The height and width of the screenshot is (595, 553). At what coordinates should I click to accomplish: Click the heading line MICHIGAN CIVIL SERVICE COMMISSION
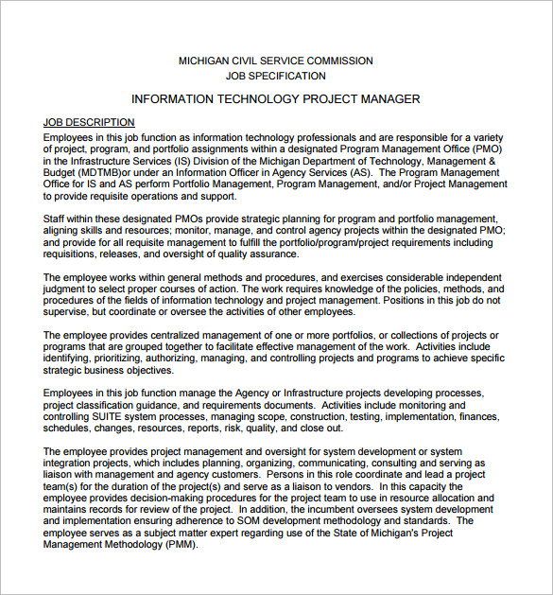click(x=276, y=61)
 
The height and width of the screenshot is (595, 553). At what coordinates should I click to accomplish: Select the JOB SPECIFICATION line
click(x=276, y=76)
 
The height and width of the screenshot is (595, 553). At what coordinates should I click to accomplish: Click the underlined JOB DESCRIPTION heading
click(x=89, y=123)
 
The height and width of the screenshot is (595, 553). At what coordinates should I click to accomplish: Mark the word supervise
click(x=68, y=312)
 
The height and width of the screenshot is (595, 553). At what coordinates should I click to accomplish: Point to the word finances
click(x=479, y=417)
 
